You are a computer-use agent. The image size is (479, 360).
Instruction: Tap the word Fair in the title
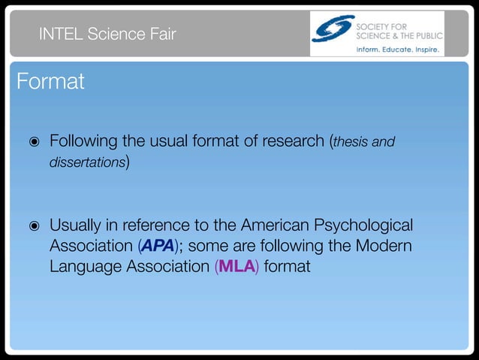(160, 33)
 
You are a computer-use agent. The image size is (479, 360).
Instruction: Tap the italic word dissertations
(87, 162)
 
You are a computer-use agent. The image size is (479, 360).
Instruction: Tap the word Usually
(77, 225)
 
